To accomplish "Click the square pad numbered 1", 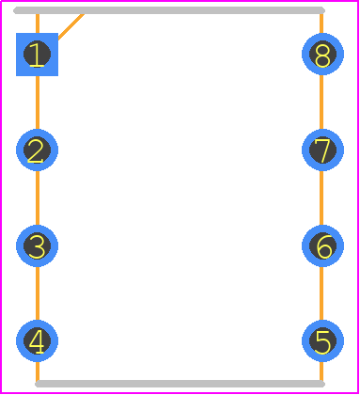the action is pos(37,55).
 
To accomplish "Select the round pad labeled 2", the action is pos(37,150).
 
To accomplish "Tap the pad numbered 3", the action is pos(37,245).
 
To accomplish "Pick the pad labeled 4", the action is pos(37,341).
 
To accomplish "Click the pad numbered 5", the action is pos(322,341).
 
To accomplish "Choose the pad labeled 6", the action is pos(322,245).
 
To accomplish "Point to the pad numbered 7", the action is pos(322,150).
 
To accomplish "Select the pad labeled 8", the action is pos(322,55).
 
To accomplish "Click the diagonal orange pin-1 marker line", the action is pos(71,27).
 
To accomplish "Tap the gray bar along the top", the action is pos(169,10).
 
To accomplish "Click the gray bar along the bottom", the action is pos(180,384).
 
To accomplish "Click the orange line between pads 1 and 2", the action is pos(38,103).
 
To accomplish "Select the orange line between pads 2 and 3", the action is pos(38,197).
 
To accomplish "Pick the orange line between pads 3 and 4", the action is pos(38,293).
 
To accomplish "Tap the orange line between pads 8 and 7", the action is pos(321,103).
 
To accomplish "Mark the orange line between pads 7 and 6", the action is pos(321,197).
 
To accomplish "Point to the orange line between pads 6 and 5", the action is pos(321,293).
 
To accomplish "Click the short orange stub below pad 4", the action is pos(38,371).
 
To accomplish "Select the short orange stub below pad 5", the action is pos(321,371).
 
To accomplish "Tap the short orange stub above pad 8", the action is pos(321,24).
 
